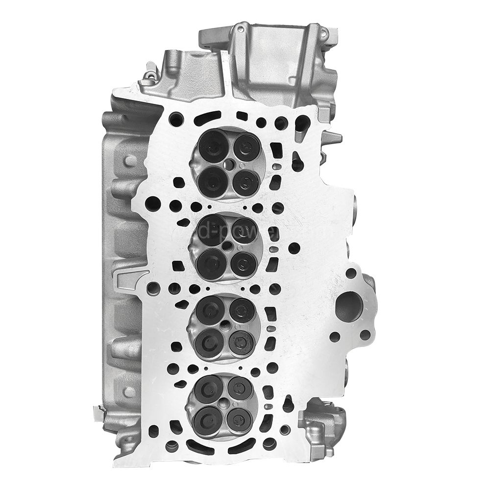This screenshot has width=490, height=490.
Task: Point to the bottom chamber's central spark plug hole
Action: pyautogui.click(x=225, y=403)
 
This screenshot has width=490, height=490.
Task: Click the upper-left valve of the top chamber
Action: pyautogui.click(x=212, y=145)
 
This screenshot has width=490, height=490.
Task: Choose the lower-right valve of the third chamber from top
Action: pyautogui.click(x=240, y=342)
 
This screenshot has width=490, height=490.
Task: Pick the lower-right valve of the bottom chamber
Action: pyautogui.click(x=240, y=419)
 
